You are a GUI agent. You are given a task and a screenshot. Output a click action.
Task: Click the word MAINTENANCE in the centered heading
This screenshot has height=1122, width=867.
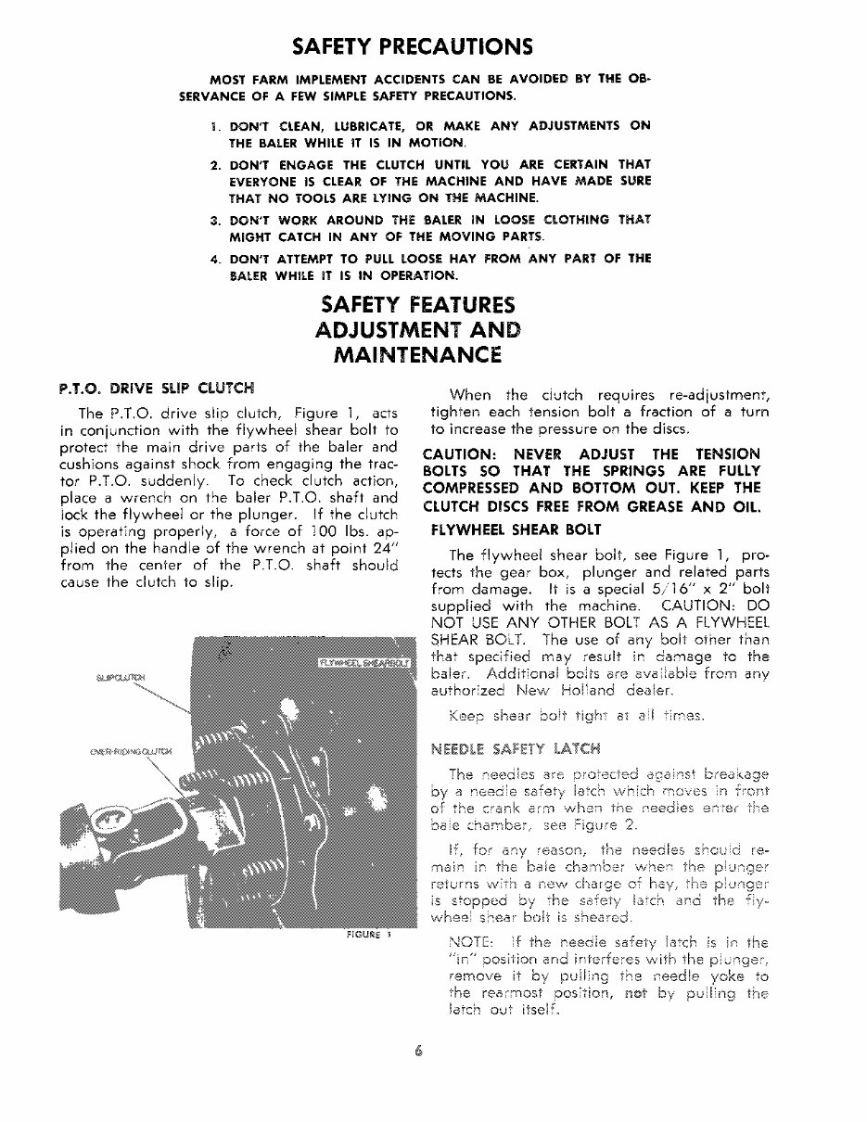418,354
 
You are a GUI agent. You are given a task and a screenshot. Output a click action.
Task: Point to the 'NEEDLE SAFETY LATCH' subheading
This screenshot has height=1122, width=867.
510,746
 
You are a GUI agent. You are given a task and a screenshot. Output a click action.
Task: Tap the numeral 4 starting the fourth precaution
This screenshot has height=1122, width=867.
214,258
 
